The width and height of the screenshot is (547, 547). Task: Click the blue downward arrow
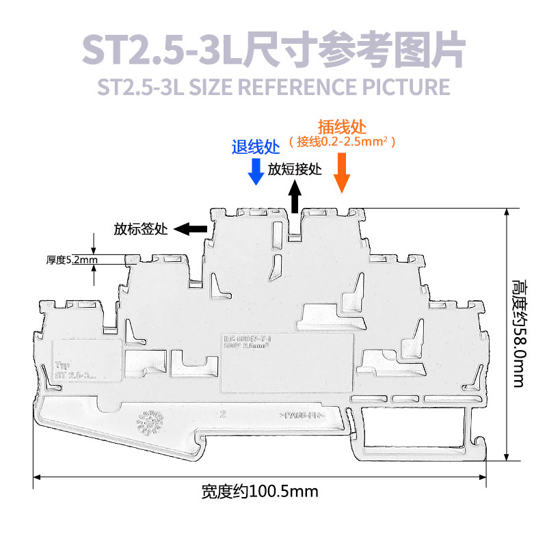[x=256, y=172]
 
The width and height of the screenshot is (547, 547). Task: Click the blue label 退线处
[x=256, y=146]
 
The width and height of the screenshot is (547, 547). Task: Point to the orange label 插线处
[x=343, y=127]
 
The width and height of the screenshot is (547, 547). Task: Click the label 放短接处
[x=295, y=169]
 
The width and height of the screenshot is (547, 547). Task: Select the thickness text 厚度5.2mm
[x=72, y=260]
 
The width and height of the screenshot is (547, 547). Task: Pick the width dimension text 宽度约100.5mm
[x=260, y=491]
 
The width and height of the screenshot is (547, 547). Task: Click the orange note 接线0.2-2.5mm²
[x=343, y=142]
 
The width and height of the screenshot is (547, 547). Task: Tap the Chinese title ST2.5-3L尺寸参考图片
[x=273, y=50]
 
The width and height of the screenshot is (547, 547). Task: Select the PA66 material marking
[x=302, y=415]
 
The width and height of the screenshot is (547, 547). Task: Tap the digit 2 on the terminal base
[x=224, y=414]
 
